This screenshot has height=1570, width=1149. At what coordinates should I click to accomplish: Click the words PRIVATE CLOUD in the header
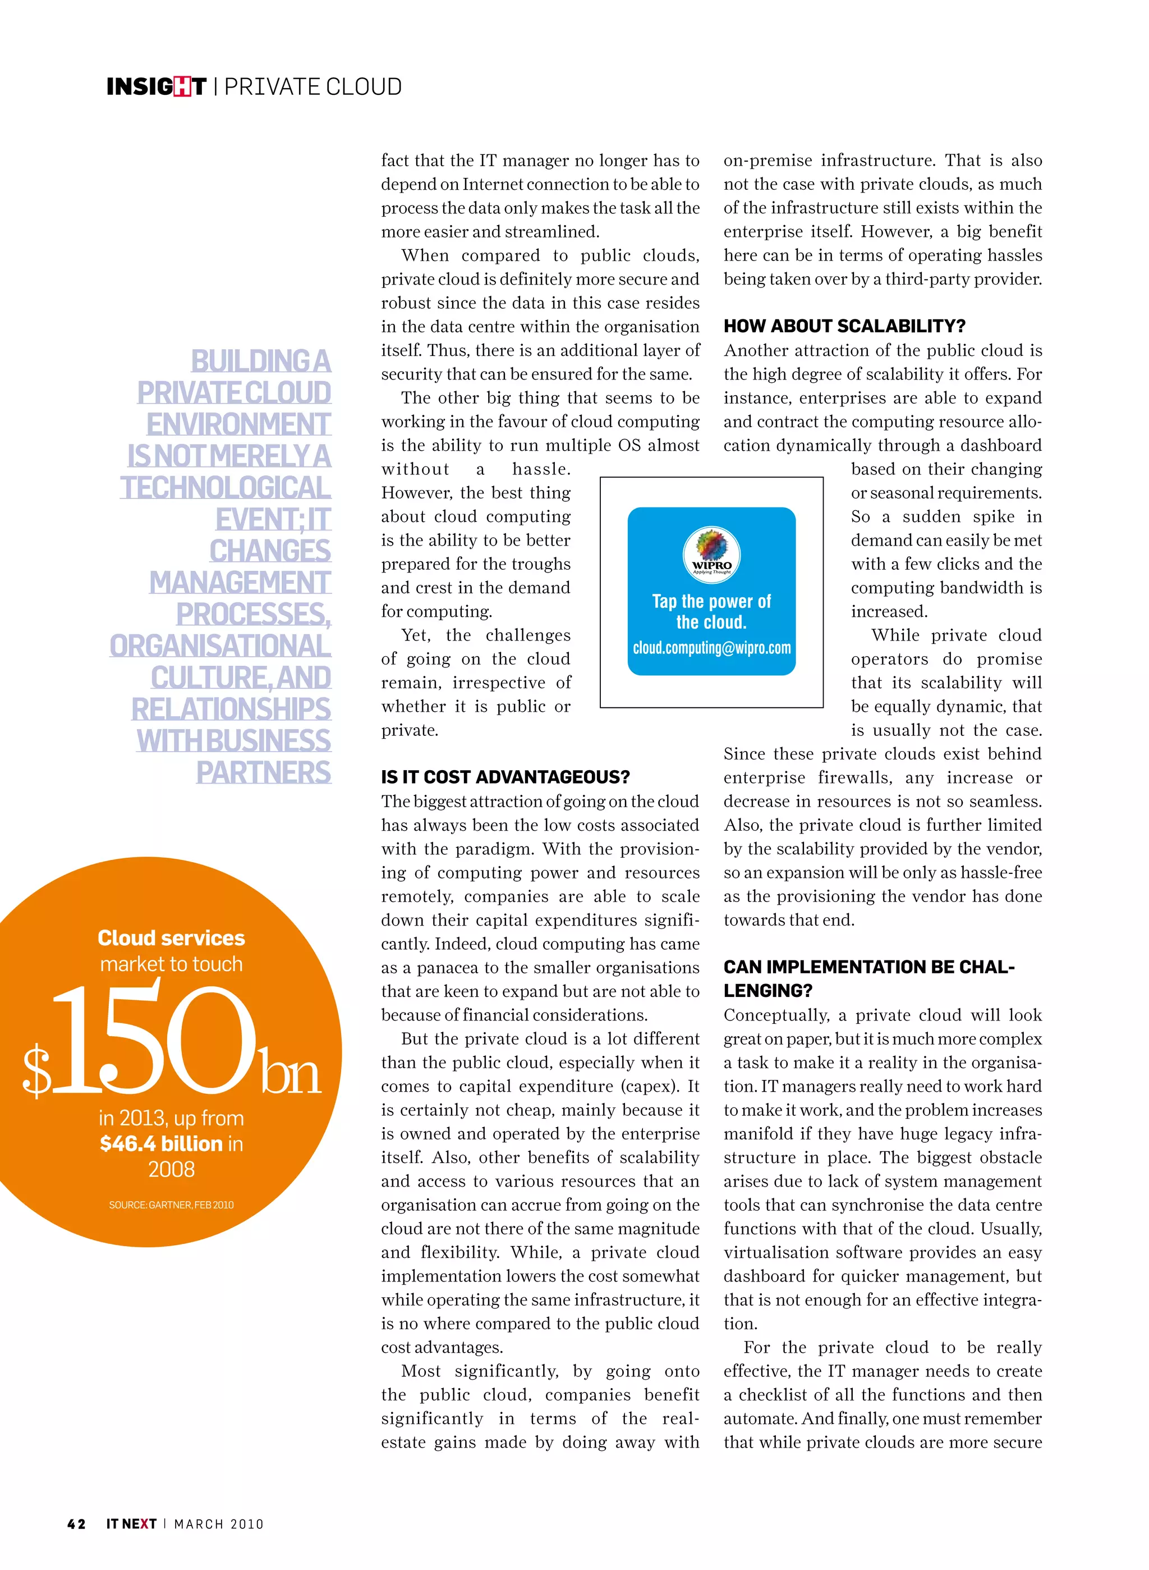[312, 86]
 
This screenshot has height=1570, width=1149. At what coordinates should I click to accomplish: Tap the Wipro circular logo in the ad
[711, 554]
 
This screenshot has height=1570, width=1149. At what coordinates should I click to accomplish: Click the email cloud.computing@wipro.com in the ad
[711, 648]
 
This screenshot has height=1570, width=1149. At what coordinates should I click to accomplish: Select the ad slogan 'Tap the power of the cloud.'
[711, 611]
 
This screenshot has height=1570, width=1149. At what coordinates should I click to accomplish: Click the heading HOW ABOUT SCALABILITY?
[844, 326]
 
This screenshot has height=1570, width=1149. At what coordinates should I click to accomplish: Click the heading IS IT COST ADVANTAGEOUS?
[505, 777]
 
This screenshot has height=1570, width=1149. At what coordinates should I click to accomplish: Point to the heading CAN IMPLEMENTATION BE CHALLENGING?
[868, 978]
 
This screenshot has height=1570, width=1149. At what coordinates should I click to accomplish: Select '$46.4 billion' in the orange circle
[162, 1143]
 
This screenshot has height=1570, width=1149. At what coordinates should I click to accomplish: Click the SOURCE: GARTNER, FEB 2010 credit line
[171, 1205]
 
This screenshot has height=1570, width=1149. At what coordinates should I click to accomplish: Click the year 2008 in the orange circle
[171, 1169]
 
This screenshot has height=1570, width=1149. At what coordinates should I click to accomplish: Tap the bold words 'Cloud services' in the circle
[171, 937]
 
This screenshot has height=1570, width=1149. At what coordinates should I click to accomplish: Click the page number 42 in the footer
[76, 1523]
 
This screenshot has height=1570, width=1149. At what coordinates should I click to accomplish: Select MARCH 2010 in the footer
[219, 1523]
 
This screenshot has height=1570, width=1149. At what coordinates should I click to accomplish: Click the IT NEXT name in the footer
[131, 1523]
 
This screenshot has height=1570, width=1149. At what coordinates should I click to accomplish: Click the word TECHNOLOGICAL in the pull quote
[226, 487]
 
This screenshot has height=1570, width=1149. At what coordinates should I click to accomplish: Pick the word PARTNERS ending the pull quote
[263, 772]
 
